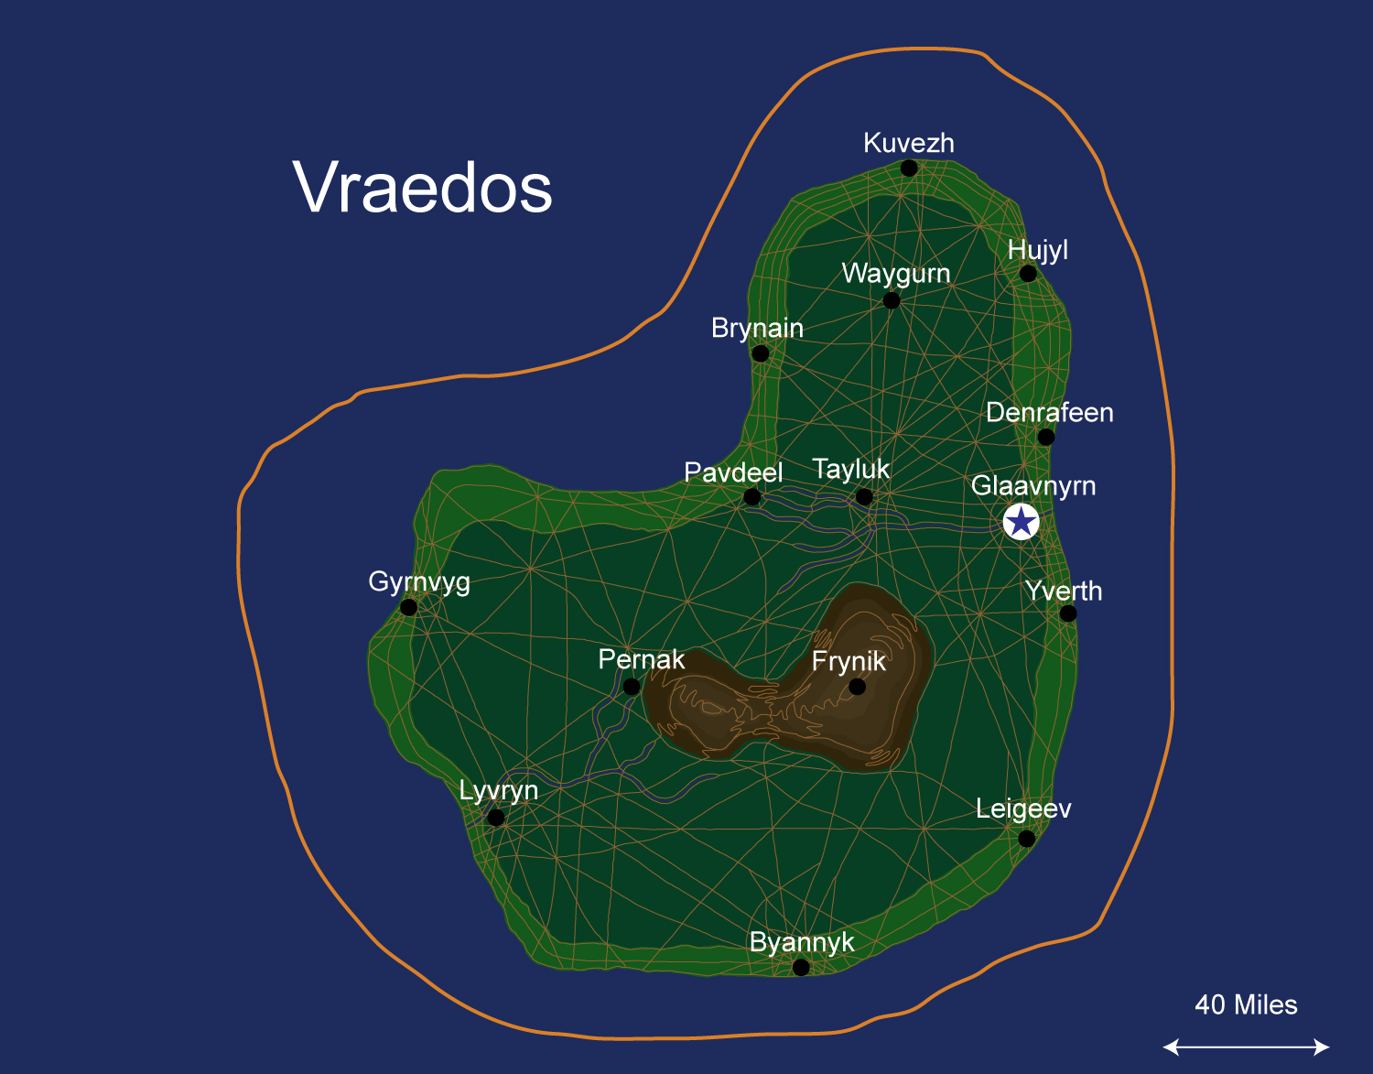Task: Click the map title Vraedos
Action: [423, 188]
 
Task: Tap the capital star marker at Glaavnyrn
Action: [1021, 522]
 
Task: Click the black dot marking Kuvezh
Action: [909, 168]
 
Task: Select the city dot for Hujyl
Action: [1028, 274]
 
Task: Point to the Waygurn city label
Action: [895, 273]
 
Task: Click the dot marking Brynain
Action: [761, 353]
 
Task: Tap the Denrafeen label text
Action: [1049, 412]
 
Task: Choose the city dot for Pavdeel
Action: [752, 497]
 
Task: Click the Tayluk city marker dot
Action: [864, 497]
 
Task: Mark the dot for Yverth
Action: [1068, 613]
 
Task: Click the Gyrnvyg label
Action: [419, 582]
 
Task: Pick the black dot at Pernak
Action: [632, 687]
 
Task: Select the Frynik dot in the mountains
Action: [857, 687]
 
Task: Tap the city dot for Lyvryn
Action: [496, 818]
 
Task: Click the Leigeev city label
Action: [1022, 808]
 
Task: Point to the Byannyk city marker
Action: [801, 968]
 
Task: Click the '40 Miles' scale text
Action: [1246, 1004]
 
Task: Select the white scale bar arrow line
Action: [1246, 1047]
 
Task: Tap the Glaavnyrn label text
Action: [1032, 485]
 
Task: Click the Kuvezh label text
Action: [908, 143]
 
